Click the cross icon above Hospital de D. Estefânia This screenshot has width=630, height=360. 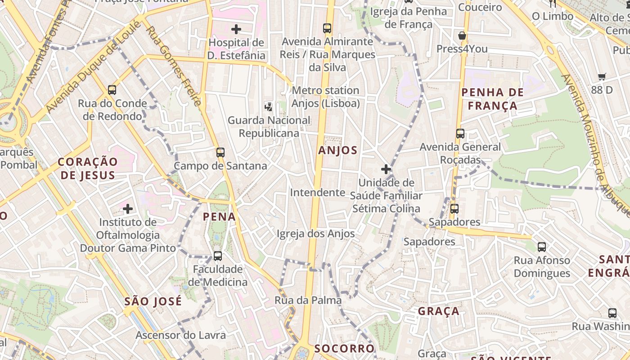236,30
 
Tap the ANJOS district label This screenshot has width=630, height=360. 337,150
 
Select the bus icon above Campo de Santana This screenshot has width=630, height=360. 220,152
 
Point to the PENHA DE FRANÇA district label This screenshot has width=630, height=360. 492,99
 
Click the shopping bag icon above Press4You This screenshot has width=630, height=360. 462,36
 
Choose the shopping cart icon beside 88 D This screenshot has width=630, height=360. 602,77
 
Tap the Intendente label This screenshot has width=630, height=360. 317,193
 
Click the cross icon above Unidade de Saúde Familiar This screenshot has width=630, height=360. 386,169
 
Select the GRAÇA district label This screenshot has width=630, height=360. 438,311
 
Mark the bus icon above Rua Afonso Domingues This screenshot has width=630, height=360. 541,247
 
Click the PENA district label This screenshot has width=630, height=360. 219,217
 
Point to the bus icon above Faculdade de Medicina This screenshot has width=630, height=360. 217,256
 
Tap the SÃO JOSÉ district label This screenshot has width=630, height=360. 153,301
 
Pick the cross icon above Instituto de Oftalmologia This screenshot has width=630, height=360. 128,209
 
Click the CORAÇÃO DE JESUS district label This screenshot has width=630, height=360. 88,168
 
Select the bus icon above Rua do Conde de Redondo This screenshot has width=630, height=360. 112,90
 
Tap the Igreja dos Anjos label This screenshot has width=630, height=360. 315,234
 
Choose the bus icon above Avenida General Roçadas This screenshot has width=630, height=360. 460,134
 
